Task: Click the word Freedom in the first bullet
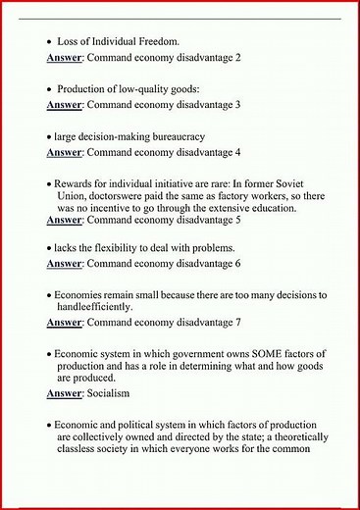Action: click(x=153, y=43)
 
